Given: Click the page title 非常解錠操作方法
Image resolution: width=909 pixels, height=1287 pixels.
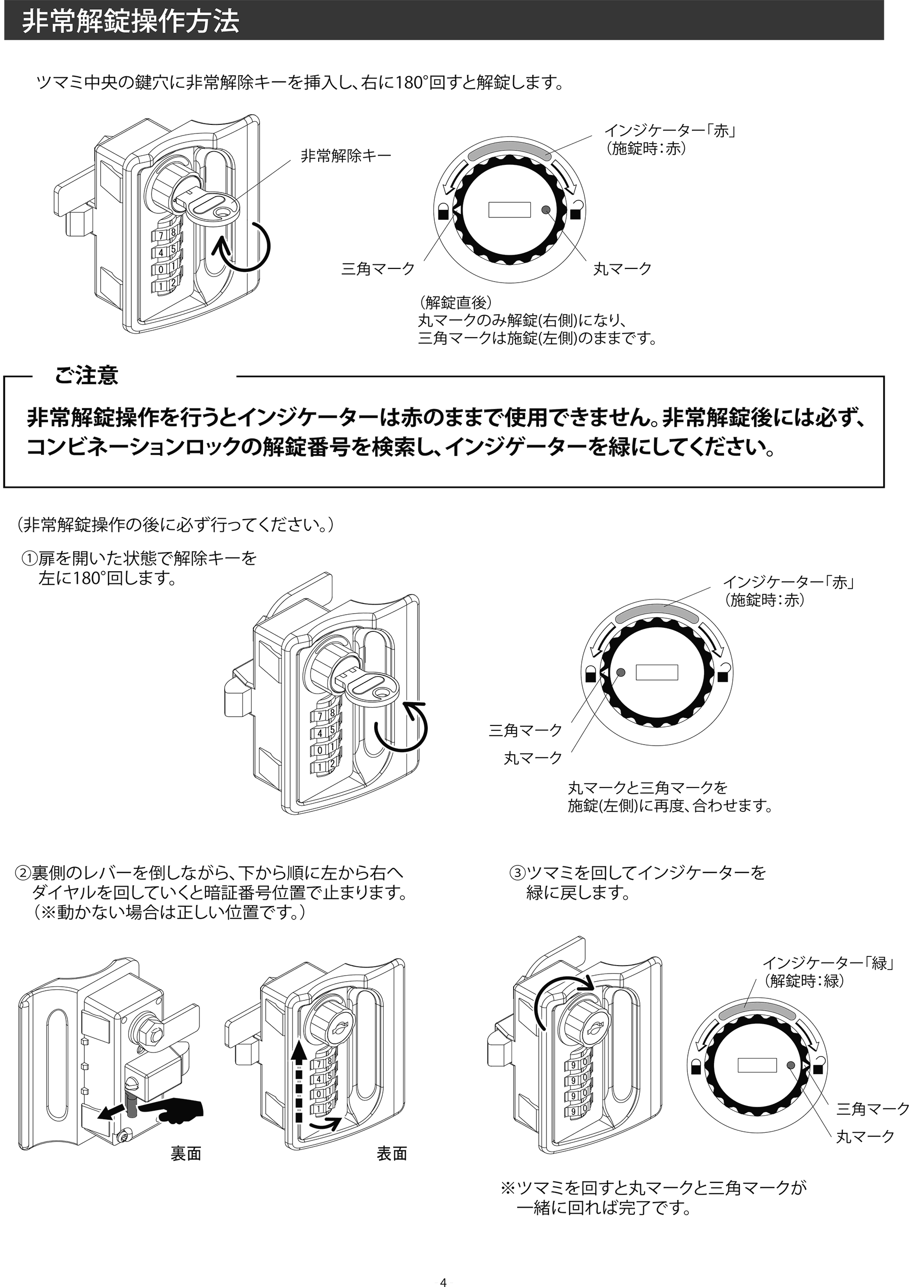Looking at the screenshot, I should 130,22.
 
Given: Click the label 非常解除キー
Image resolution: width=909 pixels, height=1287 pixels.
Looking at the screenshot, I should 345,156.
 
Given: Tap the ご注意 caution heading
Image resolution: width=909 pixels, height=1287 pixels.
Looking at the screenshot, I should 86,376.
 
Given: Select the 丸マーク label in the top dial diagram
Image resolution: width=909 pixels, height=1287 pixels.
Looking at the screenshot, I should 622,269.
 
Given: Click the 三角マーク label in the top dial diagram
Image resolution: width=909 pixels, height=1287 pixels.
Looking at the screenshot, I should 378,269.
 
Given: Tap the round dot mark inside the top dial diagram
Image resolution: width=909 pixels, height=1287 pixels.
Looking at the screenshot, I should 546,210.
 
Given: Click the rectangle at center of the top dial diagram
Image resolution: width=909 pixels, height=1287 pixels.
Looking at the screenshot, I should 509,210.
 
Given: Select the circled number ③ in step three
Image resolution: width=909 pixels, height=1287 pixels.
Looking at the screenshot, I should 517,873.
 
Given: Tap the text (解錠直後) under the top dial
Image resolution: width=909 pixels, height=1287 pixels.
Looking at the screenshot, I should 456,302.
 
